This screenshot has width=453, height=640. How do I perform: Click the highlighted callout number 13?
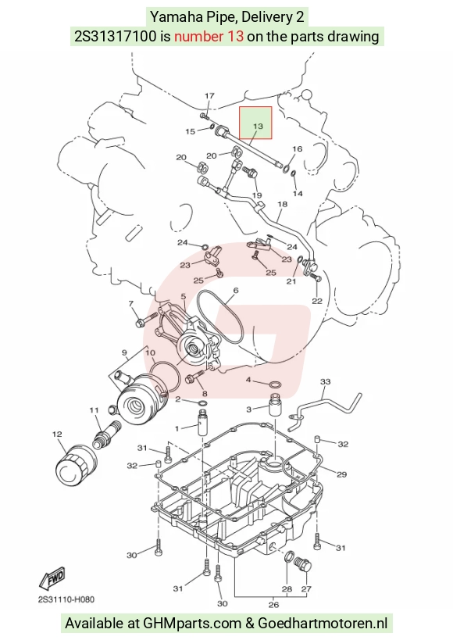pyautogui.click(x=258, y=126)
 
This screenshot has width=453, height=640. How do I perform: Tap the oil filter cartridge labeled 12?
pyautogui.click(x=77, y=465)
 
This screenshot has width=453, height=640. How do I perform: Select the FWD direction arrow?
pyautogui.click(x=52, y=578)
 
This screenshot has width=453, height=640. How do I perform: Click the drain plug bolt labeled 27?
pyautogui.click(x=303, y=563)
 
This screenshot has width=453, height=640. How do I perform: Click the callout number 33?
pyautogui.click(x=325, y=382)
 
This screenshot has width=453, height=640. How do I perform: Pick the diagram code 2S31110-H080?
pyautogui.click(x=66, y=599)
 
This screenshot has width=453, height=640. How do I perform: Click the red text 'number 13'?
pyautogui.click(x=209, y=36)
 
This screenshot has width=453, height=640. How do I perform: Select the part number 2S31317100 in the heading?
pyautogui.click(x=115, y=36)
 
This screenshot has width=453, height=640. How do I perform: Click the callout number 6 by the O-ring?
pyautogui.click(x=235, y=291)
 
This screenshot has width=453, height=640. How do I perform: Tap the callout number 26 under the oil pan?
pyautogui.click(x=274, y=605)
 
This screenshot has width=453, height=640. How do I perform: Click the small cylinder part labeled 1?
pyautogui.click(x=203, y=424)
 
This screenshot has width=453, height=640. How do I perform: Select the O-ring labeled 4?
pyautogui.click(x=276, y=384)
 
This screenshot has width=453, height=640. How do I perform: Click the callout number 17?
pyautogui.click(x=209, y=96)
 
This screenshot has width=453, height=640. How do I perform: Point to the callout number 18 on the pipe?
pyautogui.click(x=282, y=204)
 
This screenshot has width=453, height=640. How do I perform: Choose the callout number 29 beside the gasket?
pyautogui.click(x=341, y=474)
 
